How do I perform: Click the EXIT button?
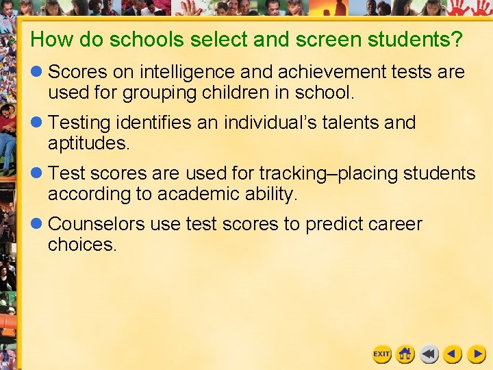pyautogui.click(x=381, y=354)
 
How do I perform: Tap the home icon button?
pyautogui.click(x=405, y=354)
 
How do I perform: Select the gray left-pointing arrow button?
pyautogui.click(x=429, y=354)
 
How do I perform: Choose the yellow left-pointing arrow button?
pyautogui.click(x=452, y=354)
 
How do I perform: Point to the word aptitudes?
pyautogui.click(x=88, y=144)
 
